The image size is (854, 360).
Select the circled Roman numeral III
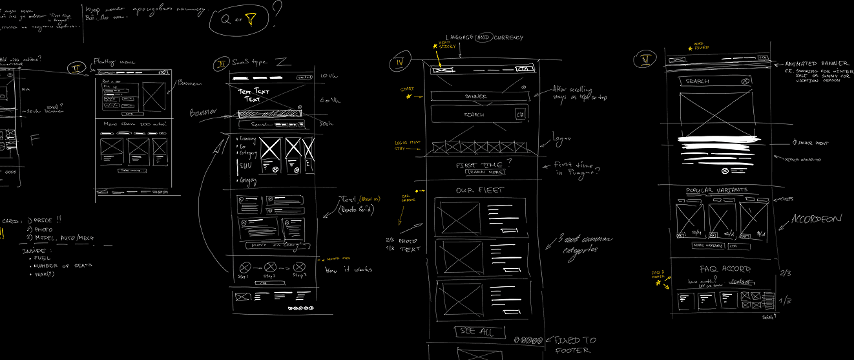(x=221, y=63)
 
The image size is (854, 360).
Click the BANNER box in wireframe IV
(x=476, y=96)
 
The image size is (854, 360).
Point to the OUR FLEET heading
(x=480, y=191)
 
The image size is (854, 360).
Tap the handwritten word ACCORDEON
(x=817, y=220)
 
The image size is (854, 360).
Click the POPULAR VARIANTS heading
(x=716, y=190)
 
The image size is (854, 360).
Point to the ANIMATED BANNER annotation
(x=812, y=64)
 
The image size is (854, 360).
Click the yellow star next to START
(x=408, y=97)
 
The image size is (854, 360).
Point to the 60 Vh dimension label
(x=329, y=101)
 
